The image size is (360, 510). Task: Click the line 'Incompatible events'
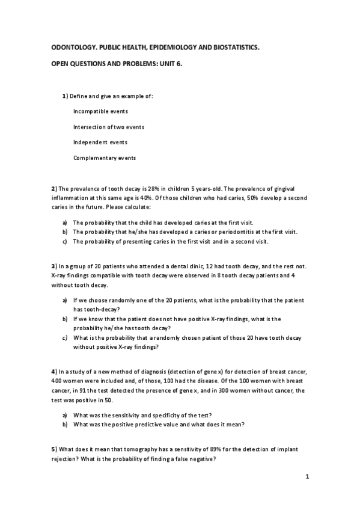coord(100,111)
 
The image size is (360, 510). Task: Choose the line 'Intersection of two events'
coord(109,127)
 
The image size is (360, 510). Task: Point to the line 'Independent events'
coord(100,143)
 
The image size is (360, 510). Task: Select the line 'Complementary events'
coord(105,158)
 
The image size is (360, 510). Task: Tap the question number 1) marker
coord(66,96)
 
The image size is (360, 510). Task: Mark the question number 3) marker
coord(54,266)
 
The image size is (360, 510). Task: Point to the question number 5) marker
coord(54,449)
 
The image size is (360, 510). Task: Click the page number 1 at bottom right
coord(307,478)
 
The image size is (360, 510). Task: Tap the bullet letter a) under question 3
coord(65,300)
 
